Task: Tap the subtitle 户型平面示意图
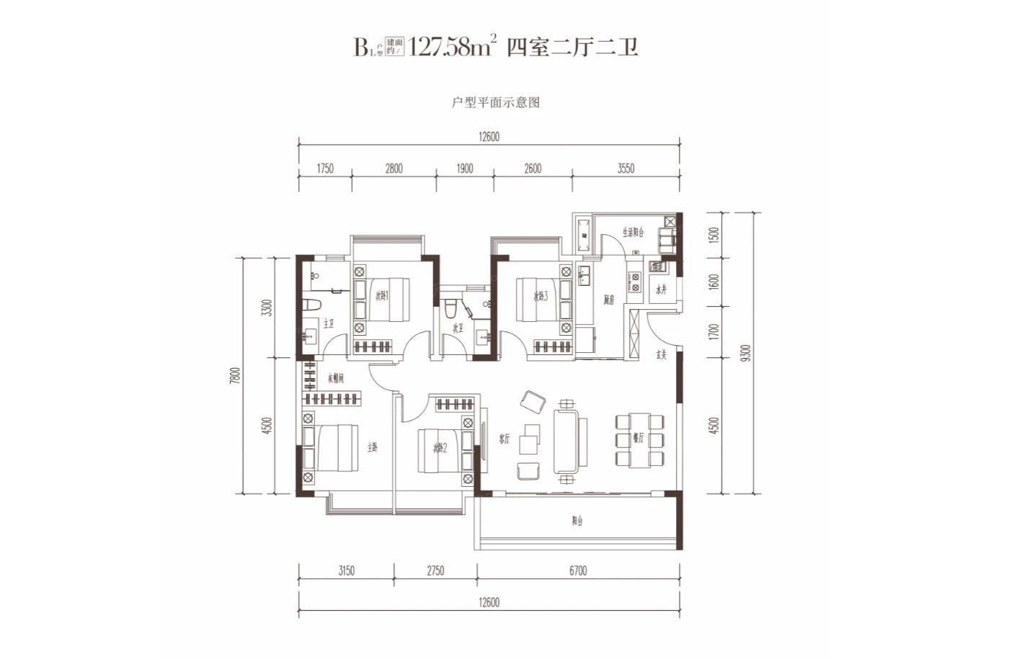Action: click(x=496, y=102)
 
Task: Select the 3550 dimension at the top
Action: click(x=626, y=169)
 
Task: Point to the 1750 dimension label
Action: click(x=325, y=169)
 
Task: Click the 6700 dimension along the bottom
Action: click(x=577, y=570)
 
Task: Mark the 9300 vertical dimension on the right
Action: click(x=746, y=353)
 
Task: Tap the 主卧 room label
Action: click(x=372, y=447)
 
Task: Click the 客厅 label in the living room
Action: click(x=504, y=439)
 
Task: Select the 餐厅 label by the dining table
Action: click(x=638, y=437)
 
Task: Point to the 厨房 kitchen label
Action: click(x=608, y=300)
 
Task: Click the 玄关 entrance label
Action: click(x=660, y=354)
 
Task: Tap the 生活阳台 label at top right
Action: click(x=633, y=232)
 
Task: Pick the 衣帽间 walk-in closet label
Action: click(x=336, y=378)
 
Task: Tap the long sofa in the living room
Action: click(x=569, y=441)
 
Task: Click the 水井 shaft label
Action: click(x=661, y=290)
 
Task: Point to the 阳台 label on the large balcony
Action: click(x=577, y=521)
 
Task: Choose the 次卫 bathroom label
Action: click(x=458, y=328)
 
